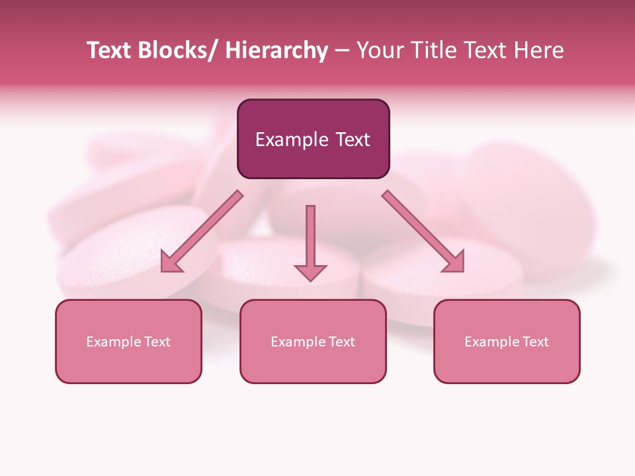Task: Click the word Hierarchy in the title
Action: [x=276, y=51]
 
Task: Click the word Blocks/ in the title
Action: [x=177, y=51]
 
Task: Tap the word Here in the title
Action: [x=538, y=51]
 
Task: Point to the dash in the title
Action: [x=342, y=51]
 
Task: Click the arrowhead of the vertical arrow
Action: [x=310, y=271]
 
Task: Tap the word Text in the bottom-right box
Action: [x=535, y=342]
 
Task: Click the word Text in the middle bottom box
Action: [x=341, y=342]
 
